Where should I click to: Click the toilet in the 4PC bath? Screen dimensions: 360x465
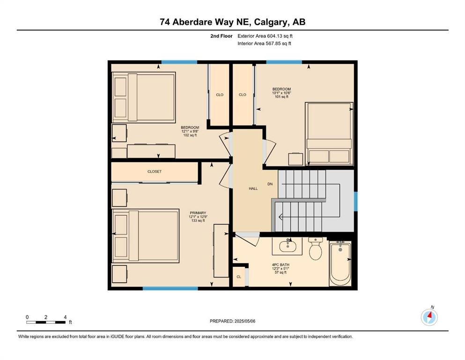315,249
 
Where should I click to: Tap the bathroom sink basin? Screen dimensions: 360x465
287,246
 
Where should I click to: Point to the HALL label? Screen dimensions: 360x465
253,188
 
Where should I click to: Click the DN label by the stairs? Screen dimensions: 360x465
270,184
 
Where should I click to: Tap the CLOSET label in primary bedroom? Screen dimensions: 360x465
154,172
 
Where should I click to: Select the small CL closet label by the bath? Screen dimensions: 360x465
238,277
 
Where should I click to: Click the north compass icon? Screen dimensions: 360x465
429,317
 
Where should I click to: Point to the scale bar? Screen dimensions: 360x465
46,322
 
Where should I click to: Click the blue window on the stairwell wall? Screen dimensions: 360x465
355,201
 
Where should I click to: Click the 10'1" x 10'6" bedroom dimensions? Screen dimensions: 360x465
281,93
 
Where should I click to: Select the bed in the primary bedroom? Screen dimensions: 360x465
146,235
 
